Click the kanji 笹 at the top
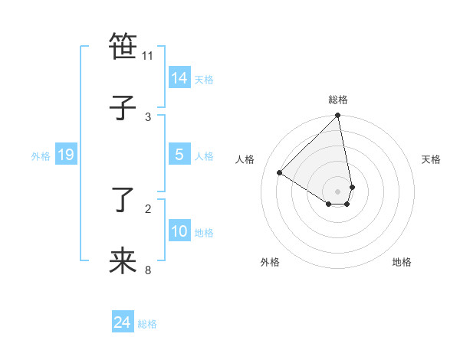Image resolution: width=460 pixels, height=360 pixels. click(123, 47)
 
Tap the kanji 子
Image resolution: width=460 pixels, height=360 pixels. click(123, 108)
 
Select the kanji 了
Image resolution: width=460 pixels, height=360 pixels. click(123, 200)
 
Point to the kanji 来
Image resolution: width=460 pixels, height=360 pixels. click(123, 261)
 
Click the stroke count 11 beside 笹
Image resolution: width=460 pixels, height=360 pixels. click(148, 55)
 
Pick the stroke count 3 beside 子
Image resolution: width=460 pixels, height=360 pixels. click(148, 116)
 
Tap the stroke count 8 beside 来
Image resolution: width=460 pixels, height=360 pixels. click(148, 270)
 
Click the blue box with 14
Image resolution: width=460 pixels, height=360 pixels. click(179, 78)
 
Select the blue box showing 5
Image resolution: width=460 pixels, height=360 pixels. click(179, 155)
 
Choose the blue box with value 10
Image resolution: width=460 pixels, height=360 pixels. click(179, 231)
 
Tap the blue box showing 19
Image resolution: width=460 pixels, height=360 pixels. click(66, 155)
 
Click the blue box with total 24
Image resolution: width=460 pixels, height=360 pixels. click(123, 322)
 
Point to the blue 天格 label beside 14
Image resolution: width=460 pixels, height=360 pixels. click(204, 80)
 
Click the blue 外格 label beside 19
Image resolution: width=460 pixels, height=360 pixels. click(41, 156)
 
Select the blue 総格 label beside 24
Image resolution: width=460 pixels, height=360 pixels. click(147, 324)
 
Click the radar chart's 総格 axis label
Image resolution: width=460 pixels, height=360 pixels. click(338, 100)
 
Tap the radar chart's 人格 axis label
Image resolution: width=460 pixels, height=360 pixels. click(245, 159)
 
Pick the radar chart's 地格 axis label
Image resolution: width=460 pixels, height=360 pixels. click(402, 263)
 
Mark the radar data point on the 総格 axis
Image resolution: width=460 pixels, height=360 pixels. click(338, 116)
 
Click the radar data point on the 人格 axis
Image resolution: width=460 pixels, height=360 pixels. click(280, 172)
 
